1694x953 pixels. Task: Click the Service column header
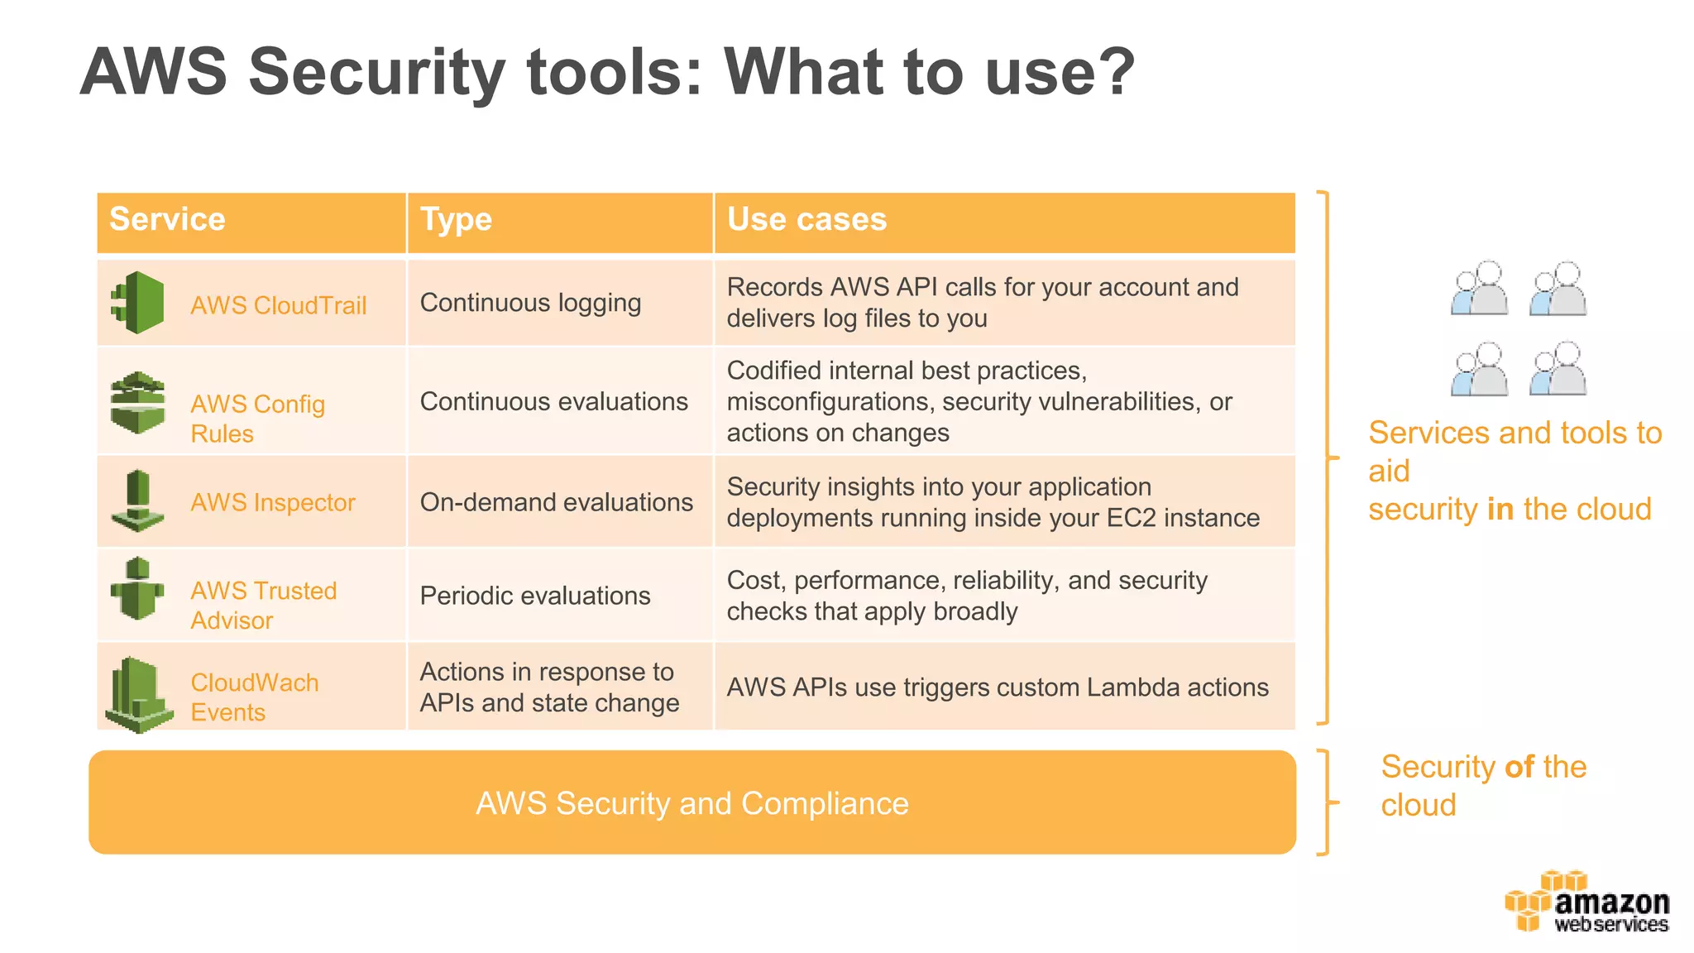pos(167,220)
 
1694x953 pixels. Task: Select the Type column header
pos(456,220)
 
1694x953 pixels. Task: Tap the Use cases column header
pos(806,220)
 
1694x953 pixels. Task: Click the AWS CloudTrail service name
pos(278,305)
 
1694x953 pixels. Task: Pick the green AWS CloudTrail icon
pos(138,303)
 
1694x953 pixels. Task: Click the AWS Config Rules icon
pos(138,403)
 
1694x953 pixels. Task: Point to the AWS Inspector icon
pos(138,501)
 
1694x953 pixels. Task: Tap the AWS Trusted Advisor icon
pos(138,589)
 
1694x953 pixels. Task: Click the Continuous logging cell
pos(530,304)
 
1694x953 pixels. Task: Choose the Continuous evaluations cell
pos(553,402)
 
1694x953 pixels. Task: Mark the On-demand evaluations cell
pos(556,502)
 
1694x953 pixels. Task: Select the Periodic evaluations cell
pos(535,596)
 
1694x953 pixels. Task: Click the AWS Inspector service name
pos(272,502)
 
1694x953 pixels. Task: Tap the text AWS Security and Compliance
pos(691,803)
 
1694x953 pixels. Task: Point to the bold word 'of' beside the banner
pos(1519,767)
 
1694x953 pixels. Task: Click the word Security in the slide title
pos(376,72)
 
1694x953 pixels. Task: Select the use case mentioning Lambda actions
pos(997,687)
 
